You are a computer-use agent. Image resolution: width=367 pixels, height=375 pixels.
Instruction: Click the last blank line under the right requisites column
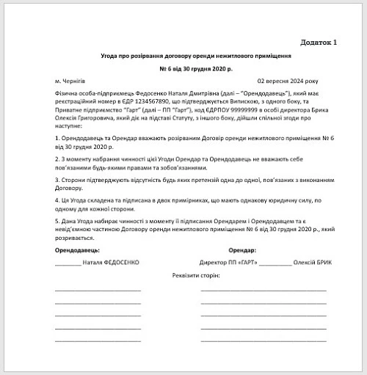[x=264, y=341]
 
